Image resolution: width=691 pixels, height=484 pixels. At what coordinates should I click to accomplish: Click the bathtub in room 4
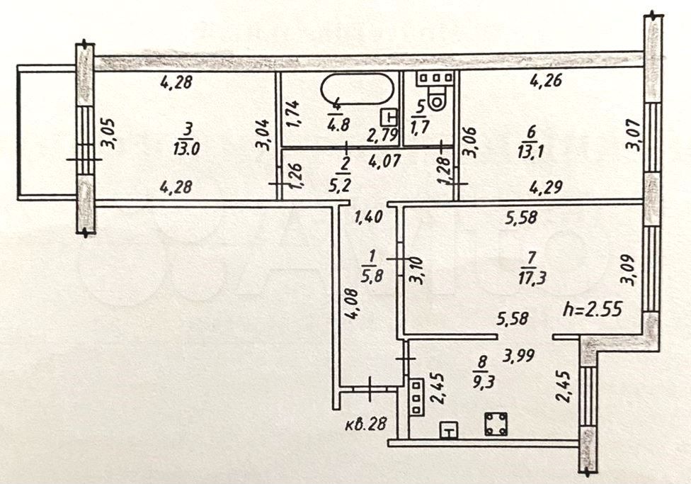[357, 89]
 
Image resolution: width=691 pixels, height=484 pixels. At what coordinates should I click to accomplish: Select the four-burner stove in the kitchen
[496, 424]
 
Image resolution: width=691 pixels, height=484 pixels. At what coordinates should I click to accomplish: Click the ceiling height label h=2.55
[593, 310]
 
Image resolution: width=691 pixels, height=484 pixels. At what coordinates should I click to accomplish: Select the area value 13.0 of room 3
[186, 149]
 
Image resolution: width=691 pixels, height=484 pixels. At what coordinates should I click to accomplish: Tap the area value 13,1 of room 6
[530, 152]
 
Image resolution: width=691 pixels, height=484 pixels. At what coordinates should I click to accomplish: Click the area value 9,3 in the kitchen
[484, 381]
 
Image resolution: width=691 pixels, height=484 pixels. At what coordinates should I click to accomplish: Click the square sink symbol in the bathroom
[389, 118]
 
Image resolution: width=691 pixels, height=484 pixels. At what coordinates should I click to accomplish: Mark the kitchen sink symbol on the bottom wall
[449, 429]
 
